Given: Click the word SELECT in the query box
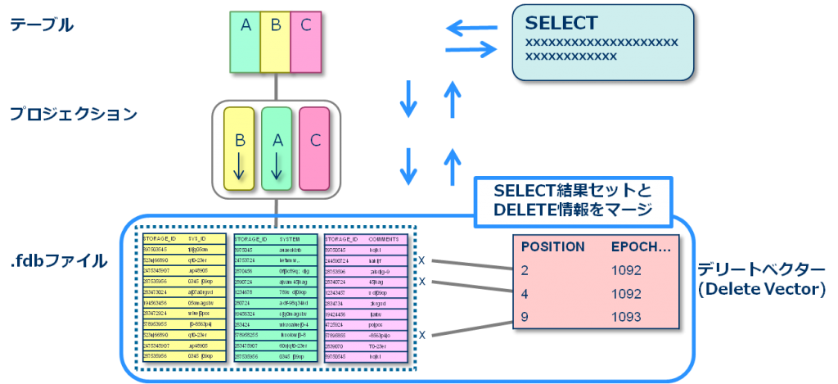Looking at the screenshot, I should (x=561, y=23).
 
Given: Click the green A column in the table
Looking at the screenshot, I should (x=246, y=41).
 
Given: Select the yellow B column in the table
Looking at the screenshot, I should (x=276, y=41).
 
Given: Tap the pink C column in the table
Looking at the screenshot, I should (x=305, y=41).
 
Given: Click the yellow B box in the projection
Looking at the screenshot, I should (x=240, y=148).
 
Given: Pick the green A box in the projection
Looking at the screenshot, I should (x=277, y=148).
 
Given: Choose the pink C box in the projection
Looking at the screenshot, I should (x=315, y=148).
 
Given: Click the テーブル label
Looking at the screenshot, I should (x=42, y=25).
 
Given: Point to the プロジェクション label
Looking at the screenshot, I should (x=74, y=115).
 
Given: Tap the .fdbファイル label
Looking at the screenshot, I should (x=58, y=262).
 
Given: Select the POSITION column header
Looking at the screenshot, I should (x=553, y=246).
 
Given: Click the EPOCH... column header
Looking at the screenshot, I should (x=642, y=246).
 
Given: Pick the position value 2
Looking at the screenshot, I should (x=525, y=269).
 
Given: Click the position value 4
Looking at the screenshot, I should (x=525, y=292).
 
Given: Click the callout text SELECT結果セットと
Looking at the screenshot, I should (x=573, y=190).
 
